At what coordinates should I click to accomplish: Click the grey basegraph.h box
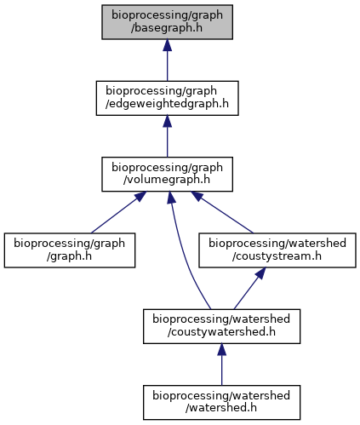coord(167,22)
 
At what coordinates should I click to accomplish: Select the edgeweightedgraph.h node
coord(167,98)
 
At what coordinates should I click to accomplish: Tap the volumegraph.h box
coord(167,174)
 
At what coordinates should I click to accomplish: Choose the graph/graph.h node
coord(70,250)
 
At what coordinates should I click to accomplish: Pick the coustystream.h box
coord(277,250)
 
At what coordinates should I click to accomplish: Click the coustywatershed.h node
coord(221,326)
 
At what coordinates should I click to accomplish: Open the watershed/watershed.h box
coord(221,402)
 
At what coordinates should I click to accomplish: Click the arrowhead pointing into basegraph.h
coord(167,45)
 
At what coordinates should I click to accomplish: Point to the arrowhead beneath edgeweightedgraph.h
coord(167,121)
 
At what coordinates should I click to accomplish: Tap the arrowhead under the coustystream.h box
coord(261,273)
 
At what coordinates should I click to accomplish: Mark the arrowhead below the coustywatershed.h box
coord(221,349)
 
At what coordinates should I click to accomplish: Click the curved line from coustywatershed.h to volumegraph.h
coord(185,253)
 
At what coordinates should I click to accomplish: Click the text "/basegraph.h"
coord(167,28)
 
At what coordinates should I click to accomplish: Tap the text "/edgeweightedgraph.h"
coord(167,104)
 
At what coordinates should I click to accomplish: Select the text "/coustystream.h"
coord(277,256)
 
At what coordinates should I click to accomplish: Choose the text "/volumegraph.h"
coord(167,180)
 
